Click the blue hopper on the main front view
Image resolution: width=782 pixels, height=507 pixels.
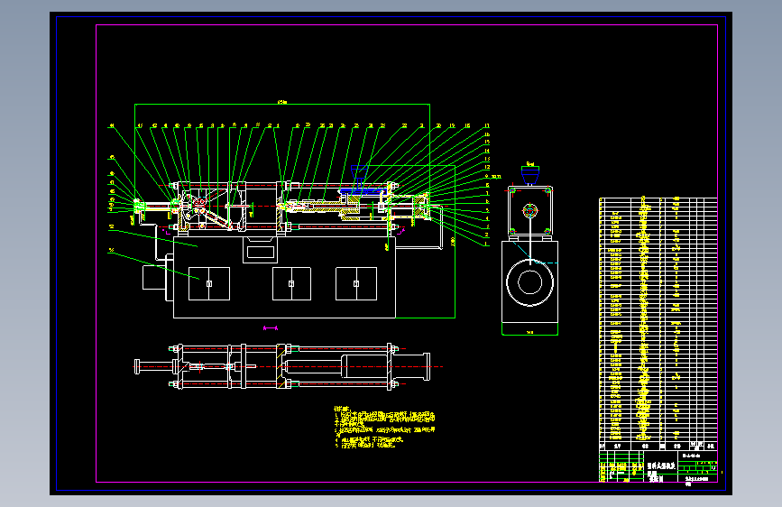point(360,183)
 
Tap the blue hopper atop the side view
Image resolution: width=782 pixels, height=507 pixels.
point(530,169)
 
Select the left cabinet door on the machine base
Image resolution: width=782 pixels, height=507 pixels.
point(208,283)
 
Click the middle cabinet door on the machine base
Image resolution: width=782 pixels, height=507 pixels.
point(291,283)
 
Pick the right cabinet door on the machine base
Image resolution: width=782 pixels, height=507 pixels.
point(356,283)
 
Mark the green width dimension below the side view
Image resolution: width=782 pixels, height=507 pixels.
point(530,332)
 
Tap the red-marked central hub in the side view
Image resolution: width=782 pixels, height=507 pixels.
point(529,212)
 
